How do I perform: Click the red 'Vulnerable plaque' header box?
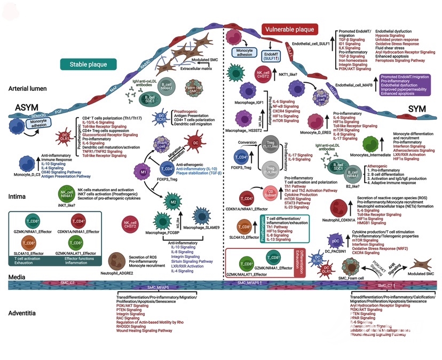pos(290,29)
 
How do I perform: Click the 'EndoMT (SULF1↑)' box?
pos(272,54)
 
